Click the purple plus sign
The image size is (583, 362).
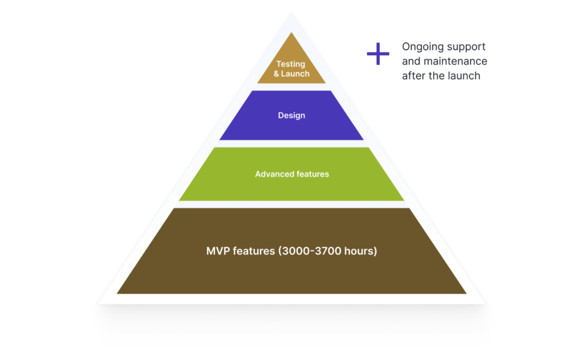pyautogui.click(x=377, y=54)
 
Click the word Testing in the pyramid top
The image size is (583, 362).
pyautogui.click(x=291, y=64)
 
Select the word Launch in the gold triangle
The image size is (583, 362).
pyautogui.click(x=295, y=73)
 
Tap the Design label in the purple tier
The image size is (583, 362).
pyautogui.click(x=291, y=116)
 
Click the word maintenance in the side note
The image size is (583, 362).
pyautogui.click(x=455, y=61)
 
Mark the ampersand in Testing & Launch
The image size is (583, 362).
pyautogui.click(x=276, y=73)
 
